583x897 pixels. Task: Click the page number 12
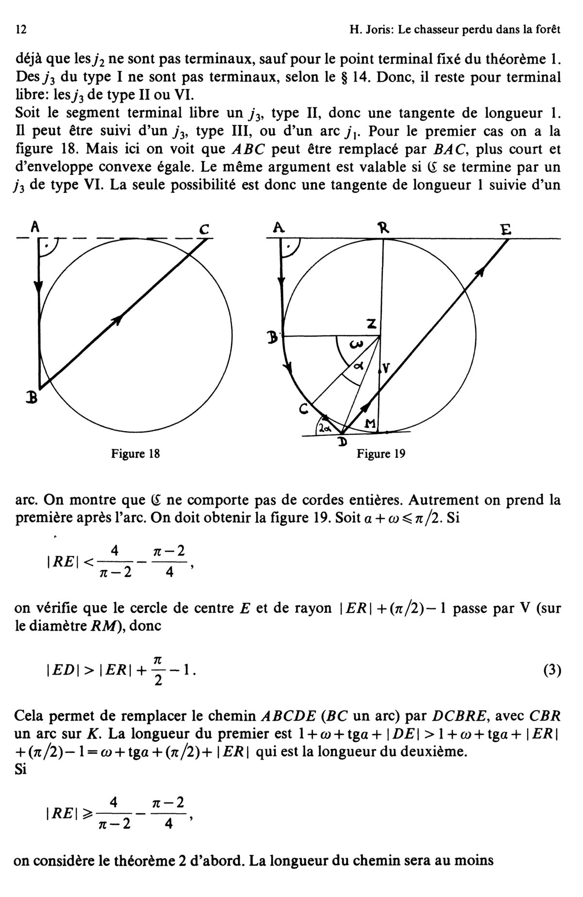pyautogui.click(x=21, y=30)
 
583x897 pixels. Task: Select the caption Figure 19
pyautogui.click(x=381, y=454)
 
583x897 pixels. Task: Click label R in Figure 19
pyautogui.click(x=384, y=228)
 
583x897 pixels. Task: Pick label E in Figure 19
pyautogui.click(x=506, y=229)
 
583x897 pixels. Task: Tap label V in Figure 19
pyautogui.click(x=386, y=369)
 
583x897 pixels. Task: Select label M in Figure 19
pyautogui.click(x=371, y=424)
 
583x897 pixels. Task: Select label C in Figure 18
pyautogui.click(x=204, y=229)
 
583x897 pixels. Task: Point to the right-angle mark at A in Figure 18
pyautogui.click(x=47, y=247)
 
